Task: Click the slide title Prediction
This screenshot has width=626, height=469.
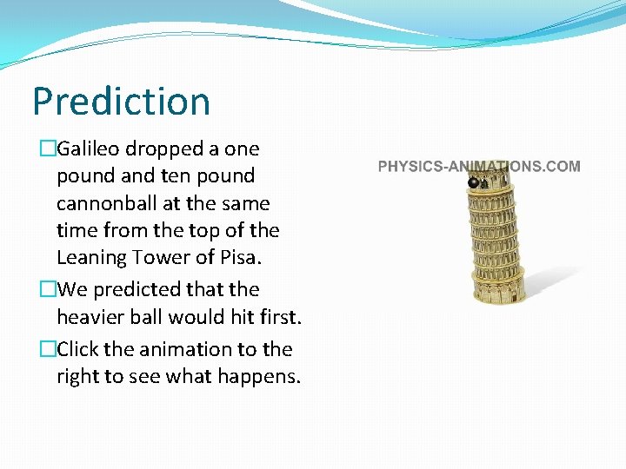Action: click(121, 102)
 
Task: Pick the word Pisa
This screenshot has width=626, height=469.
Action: click(240, 258)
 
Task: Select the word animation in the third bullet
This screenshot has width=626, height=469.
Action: click(182, 349)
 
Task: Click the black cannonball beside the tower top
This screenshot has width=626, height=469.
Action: click(473, 182)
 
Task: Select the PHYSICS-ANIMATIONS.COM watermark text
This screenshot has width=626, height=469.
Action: click(479, 166)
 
